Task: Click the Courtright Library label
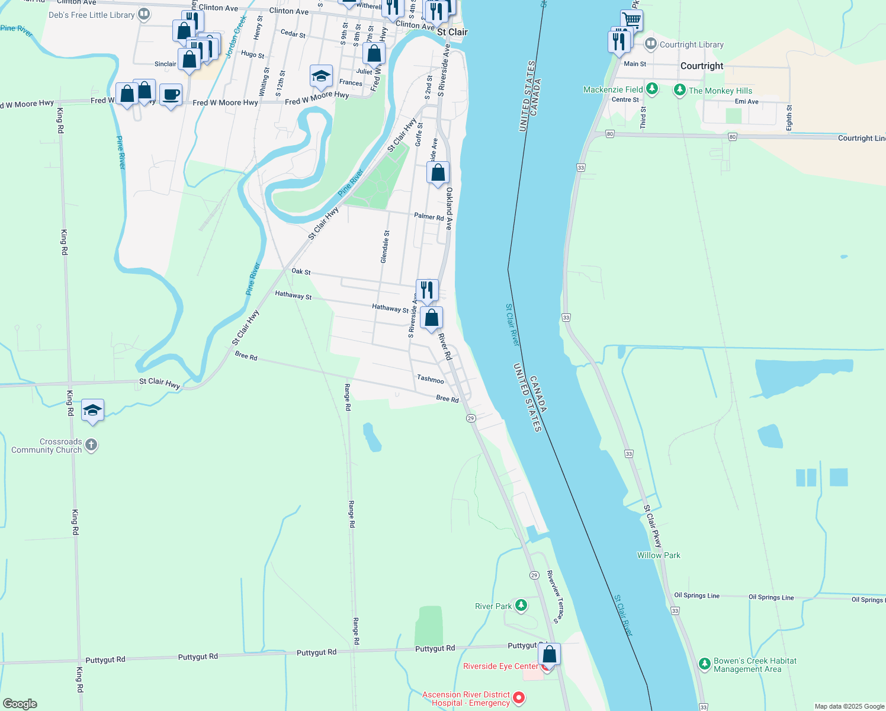pos(691,44)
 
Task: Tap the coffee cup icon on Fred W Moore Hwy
pos(171,95)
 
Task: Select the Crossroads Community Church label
pos(47,446)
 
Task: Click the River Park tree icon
pos(521,605)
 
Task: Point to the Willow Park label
pos(659,555)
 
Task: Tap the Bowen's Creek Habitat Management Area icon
pos(704,664)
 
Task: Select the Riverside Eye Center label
pos(500,666)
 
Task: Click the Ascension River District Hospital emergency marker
pos(519,697)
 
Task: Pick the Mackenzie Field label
pos(613,89)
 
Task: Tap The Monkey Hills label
pos(720,91)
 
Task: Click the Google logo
pos(20,703)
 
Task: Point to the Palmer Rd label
pos(429,217)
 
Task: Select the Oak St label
pos(301,271)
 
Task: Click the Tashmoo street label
pos(431,379)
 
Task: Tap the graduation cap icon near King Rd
pos(92,410)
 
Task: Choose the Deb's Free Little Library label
pos(92,15)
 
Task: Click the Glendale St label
pos(385,247)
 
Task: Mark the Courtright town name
pos(702,66)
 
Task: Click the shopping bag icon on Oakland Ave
pos(438,172)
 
